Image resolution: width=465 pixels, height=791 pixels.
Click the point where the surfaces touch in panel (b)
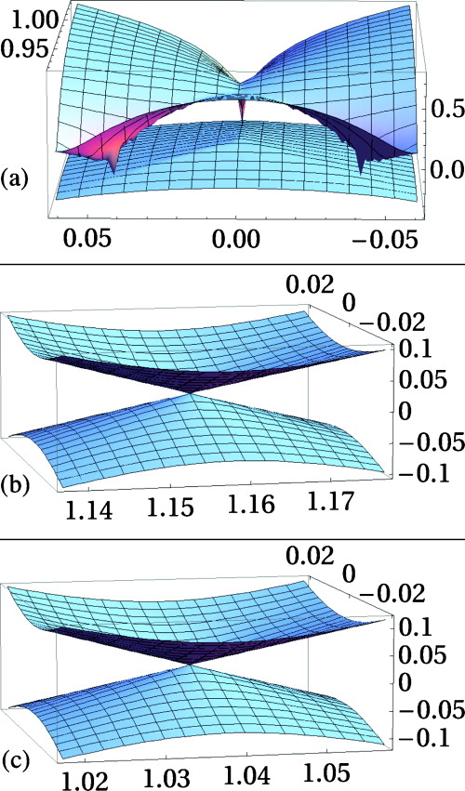tap(192, 393)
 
